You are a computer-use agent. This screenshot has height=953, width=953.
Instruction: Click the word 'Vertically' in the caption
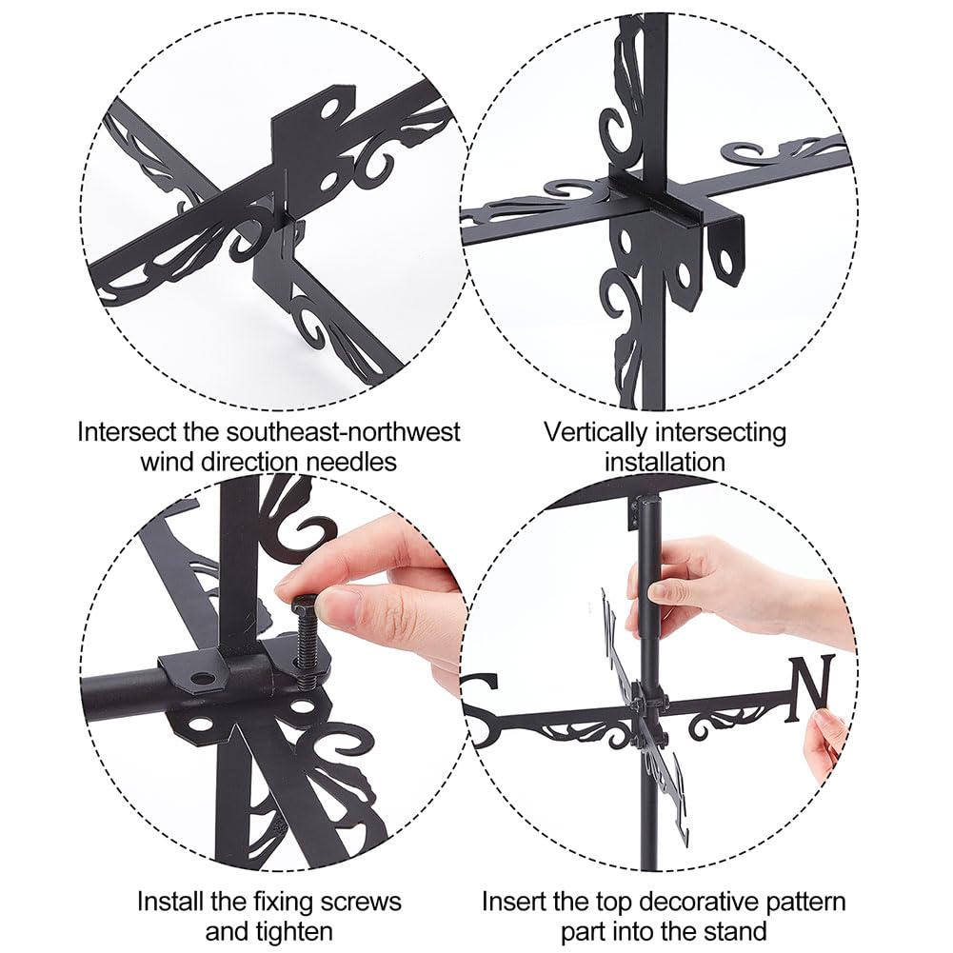pyautogui.click(x=596, y=433)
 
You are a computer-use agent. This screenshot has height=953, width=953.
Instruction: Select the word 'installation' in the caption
pyautogui.click(x=665, y=462)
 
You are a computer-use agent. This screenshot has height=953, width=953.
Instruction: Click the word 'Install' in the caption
pyautogui.click(x=169, y=901)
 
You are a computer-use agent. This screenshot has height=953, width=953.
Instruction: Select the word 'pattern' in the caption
pyautogui.click(x=804, y=902)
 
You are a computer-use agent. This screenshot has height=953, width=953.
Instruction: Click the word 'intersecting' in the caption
pyautogui.click(x=722, y=433)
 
